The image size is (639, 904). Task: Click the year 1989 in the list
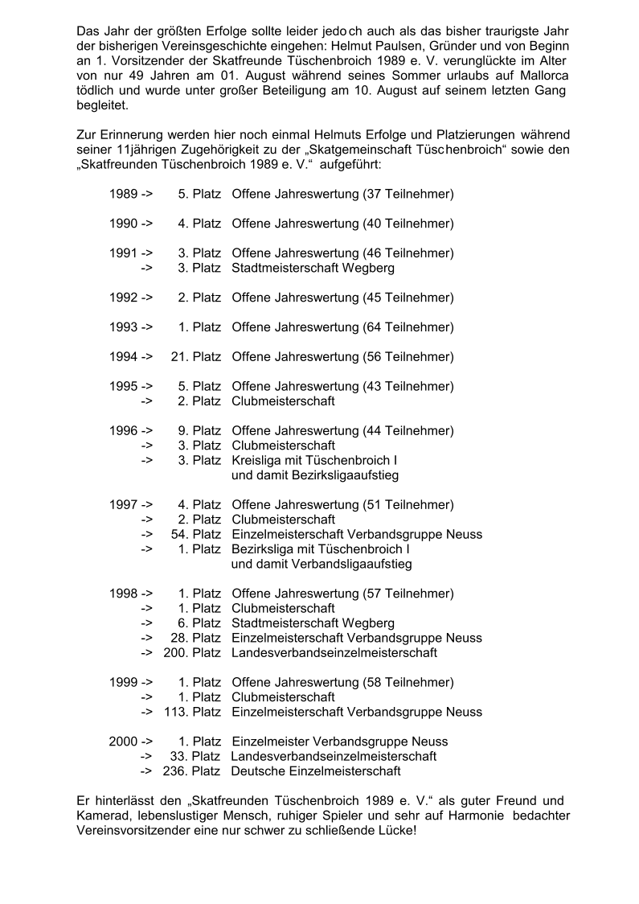123,194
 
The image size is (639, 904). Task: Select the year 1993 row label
123,327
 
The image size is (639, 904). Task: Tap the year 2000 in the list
122,742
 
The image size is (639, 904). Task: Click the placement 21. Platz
196,357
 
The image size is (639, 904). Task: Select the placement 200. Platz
192,652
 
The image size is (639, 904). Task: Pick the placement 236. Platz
191,771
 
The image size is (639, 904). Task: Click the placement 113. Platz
192,712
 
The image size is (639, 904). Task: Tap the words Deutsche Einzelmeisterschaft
316,771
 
